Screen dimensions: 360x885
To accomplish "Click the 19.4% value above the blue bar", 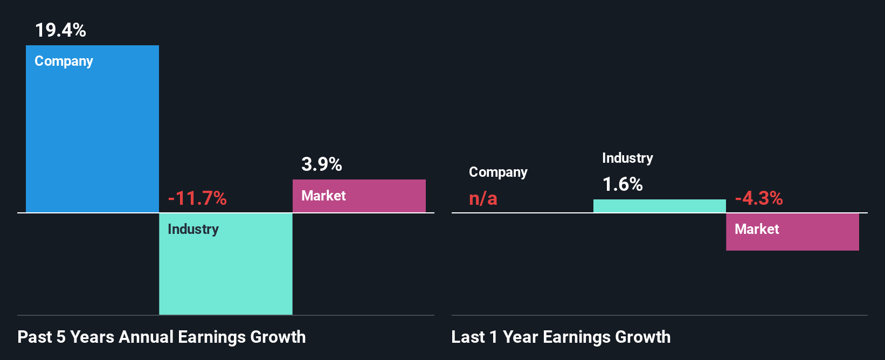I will [x=60, y=30].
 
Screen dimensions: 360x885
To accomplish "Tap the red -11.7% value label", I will [x=197, y=198].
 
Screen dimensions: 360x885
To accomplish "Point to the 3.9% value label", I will [x=321, y=164].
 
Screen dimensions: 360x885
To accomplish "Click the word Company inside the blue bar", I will [x=64, y=61].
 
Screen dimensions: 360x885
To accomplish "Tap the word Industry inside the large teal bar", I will [x=193, y=229].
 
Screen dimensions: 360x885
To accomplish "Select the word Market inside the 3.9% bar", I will [x=323, y=196].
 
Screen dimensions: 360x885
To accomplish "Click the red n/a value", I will [x=483, y=198].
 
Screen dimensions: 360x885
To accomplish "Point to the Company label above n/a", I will [x=498, y=172].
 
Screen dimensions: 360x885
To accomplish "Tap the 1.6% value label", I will [x=623, y=184].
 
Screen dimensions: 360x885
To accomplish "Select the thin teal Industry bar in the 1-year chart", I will [x=659, y=206].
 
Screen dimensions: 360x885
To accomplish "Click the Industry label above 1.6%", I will [x=627, y=158].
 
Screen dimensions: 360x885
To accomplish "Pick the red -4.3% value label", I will [x=758, y=198].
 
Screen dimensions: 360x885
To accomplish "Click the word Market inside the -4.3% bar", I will [x=757, y=229].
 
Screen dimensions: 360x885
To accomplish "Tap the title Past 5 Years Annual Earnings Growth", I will [x=162, y=337].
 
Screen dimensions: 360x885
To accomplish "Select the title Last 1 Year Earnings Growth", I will [x=561, y=337].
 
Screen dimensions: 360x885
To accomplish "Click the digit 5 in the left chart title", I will [x=61, y=337].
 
